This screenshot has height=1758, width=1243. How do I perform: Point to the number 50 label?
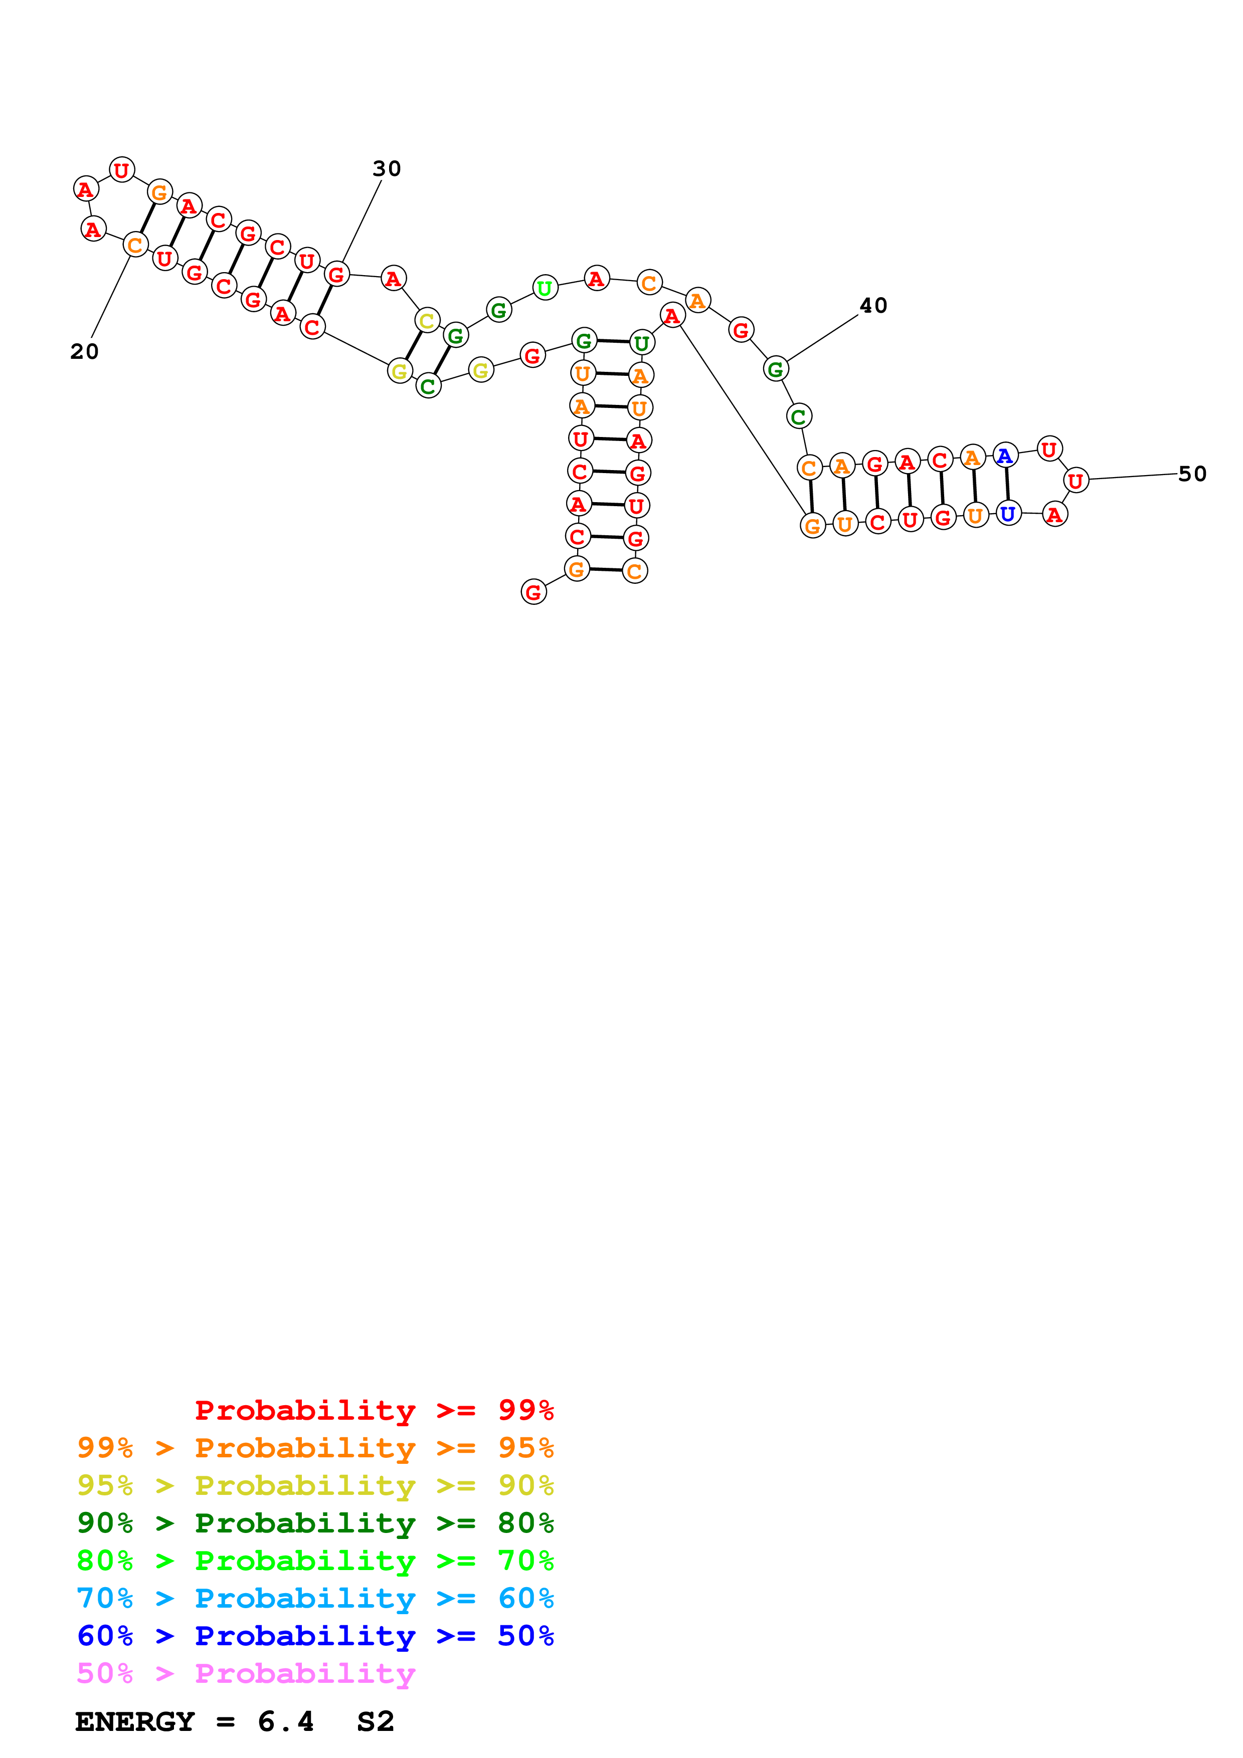coord(1192,474)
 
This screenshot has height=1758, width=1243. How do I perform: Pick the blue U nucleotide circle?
coord(1008,513)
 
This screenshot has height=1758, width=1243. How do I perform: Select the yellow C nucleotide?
coord(427,320)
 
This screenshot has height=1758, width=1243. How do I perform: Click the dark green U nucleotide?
coord(642,343)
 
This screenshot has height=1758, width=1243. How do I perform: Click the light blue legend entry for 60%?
coord(315,1598)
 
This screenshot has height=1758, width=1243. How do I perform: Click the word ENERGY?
coord(135,1721)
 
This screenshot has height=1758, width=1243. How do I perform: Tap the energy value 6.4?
coord(286,1721)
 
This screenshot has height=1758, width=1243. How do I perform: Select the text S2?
coord(375,1721)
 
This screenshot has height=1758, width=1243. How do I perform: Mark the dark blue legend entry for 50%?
coord(315,1636)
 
